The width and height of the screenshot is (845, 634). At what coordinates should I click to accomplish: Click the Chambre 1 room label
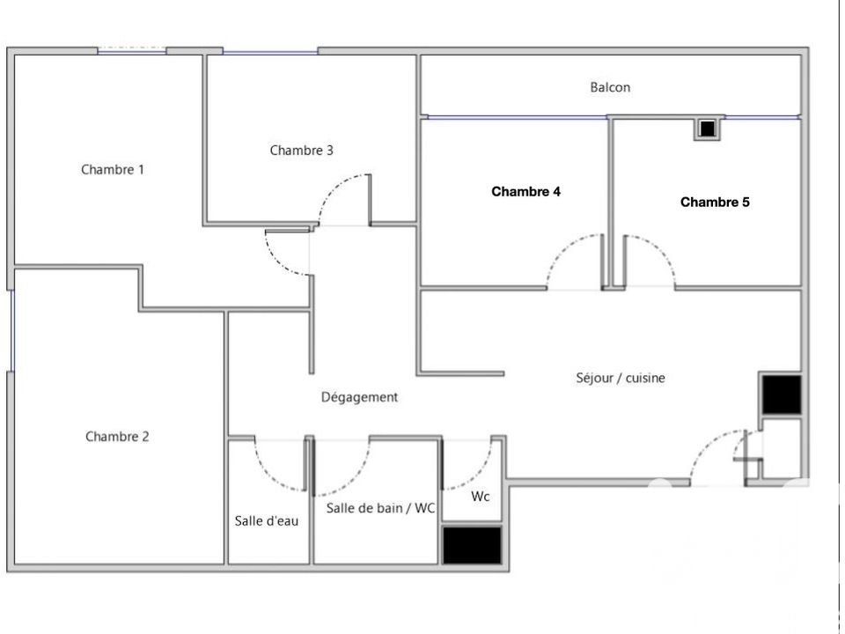click(x=113, y=170)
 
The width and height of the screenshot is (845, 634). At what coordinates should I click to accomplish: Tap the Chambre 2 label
click(x=117, y=437)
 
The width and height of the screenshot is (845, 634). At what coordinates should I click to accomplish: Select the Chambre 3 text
click(x=301, y=151)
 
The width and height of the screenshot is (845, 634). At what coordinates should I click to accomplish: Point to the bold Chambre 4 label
click(x=525, y=191)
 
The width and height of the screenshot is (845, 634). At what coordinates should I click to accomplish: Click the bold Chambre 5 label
click(x=715, y=203)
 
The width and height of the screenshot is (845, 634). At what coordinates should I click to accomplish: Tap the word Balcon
click(x=610, y=87)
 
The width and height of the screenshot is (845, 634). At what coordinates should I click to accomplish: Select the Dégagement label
click(x=359, y=397)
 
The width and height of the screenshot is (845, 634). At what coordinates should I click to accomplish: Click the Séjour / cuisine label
click(x=621, y=378)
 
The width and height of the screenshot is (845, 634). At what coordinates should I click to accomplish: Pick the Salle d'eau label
click(x=266, y=520)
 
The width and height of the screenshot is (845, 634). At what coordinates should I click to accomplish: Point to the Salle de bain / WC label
click(x=380, y=508)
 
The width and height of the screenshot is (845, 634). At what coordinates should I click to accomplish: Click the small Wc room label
click(x=481, y=496)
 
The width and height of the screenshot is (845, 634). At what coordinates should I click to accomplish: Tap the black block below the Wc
click(x=472, y=545)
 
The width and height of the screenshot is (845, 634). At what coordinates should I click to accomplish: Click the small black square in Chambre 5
click(x=707, y=129)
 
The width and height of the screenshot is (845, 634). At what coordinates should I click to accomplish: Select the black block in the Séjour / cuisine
click(x=782, y=394)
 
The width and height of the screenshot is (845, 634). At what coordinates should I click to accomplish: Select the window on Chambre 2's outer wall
click(x=11, y=331)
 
